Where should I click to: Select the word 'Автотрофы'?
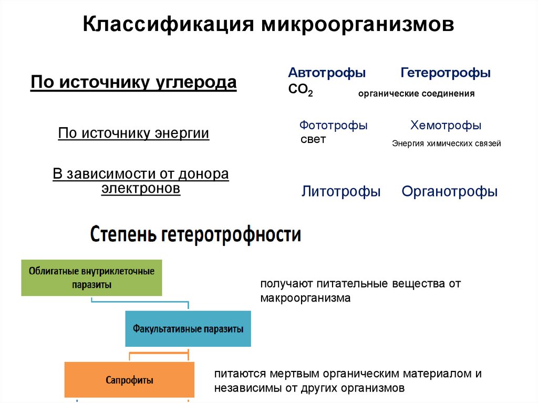(x=327, y=73)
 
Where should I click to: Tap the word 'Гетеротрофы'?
(x=446, y=73)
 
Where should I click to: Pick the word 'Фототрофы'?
(x=334, y=126)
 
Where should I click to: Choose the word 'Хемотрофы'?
(x=446, y=126)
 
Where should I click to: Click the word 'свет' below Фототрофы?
(x=313, y=140)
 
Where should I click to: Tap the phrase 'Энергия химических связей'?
(x=447, y=143)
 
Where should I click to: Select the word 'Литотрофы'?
(x=341, y=192)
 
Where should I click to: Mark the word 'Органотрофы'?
(x=449, y=192)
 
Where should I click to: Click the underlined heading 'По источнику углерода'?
(x=133, y=83)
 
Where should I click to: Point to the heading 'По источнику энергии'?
(x=133, y=133)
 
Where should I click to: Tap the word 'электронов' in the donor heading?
(x=141, y=189)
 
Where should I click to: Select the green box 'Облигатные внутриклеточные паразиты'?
(x=91, y=277)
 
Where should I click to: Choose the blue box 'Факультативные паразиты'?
(x=188, y=329)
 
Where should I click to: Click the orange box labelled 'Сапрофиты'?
(x=129, y=379)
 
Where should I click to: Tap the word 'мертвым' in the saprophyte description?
(x=291, y=374)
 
